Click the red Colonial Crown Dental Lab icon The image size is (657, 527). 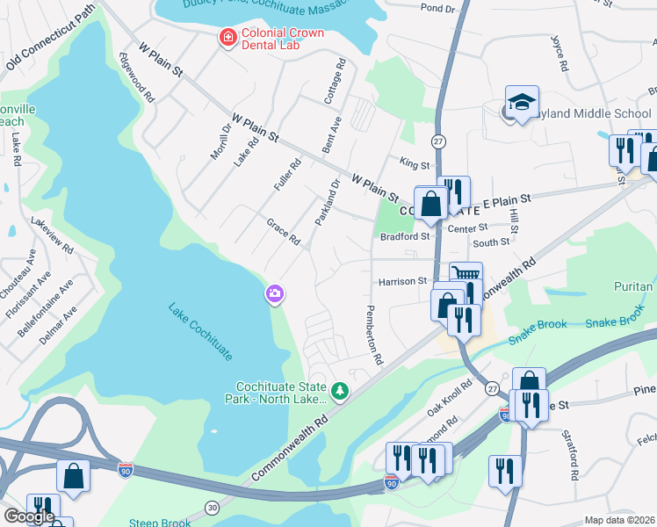click(227, 37)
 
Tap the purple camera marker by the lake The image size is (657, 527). click(275, 293)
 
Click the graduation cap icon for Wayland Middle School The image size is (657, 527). click(522, 103)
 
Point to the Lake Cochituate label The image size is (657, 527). click(201, 331)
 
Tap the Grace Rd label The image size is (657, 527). click(283, 232)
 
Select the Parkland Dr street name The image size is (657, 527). click(327, 201)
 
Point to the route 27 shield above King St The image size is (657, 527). click(438, 141)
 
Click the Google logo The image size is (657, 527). click(28, 516)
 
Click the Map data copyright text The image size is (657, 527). click(620, 520)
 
